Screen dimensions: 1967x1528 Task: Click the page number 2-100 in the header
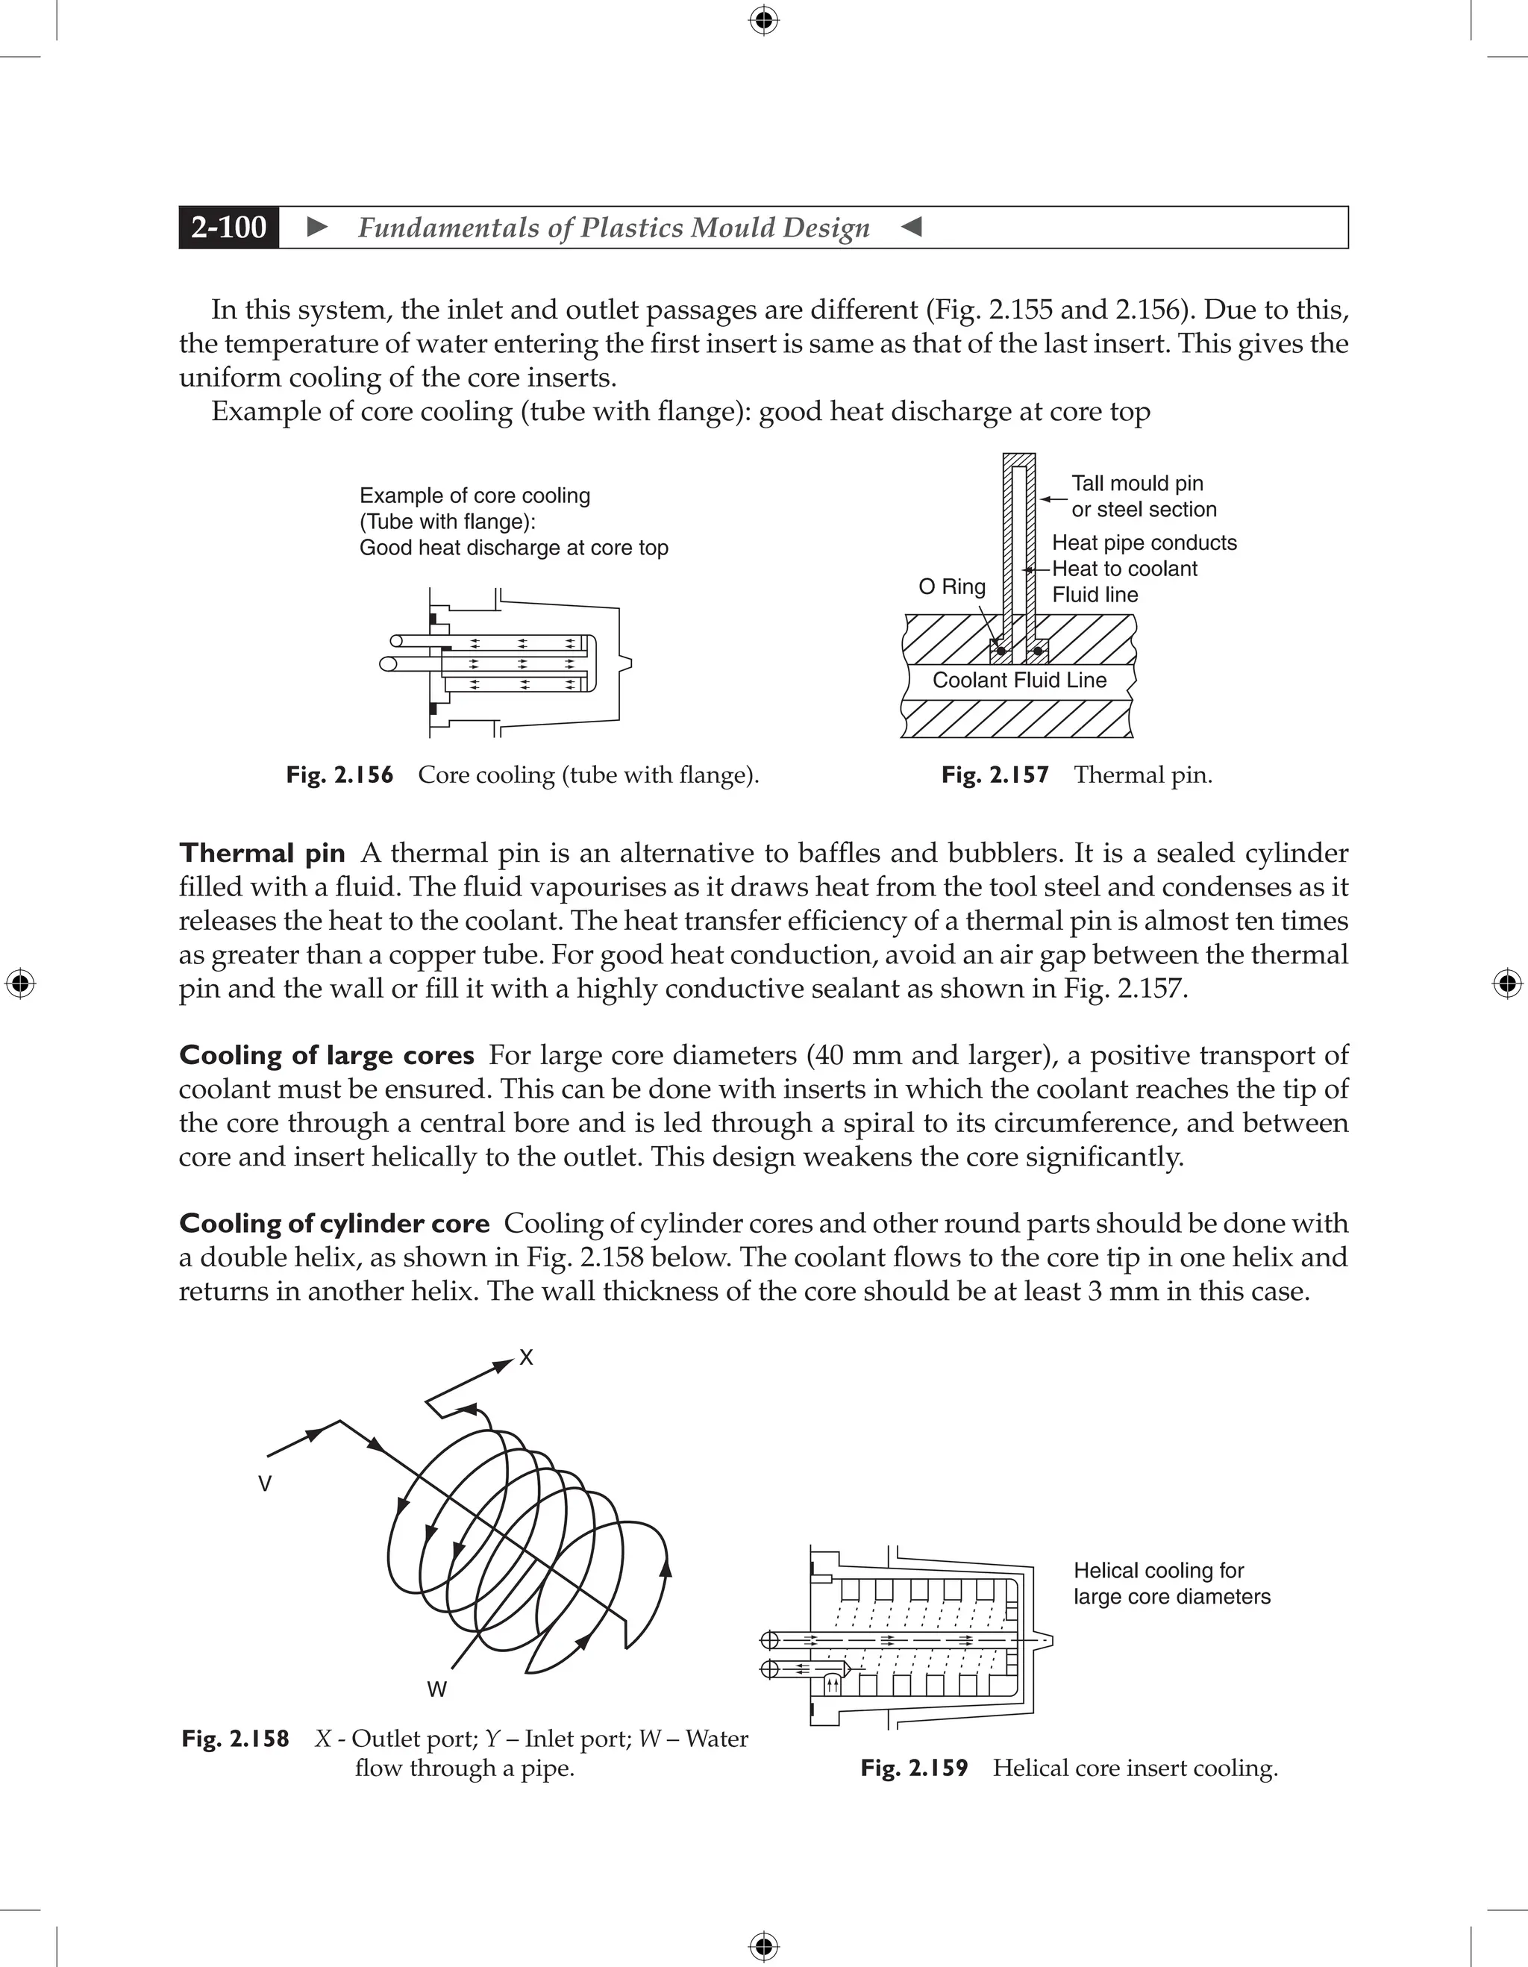tap(229, 227)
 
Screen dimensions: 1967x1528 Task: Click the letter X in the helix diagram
tap(527, 1357)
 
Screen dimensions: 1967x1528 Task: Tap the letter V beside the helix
tap(265, 1484)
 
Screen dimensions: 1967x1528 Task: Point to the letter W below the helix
tap(436, 1689)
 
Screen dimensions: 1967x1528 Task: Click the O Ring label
tap(952, 587)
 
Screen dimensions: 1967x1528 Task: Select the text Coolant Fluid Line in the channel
tap(1019, 680)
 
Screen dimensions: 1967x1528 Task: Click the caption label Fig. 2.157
tap(995, 775)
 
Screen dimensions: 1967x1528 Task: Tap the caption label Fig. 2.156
tap(339, 775)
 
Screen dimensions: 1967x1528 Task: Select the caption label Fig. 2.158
tap(235, 1738)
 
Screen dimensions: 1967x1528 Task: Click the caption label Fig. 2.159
tap(914, 1768)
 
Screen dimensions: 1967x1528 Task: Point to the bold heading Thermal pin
tap(262, 853)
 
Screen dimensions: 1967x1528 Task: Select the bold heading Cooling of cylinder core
tap(334, 1223)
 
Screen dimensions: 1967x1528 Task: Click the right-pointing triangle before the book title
tap(317, 227)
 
